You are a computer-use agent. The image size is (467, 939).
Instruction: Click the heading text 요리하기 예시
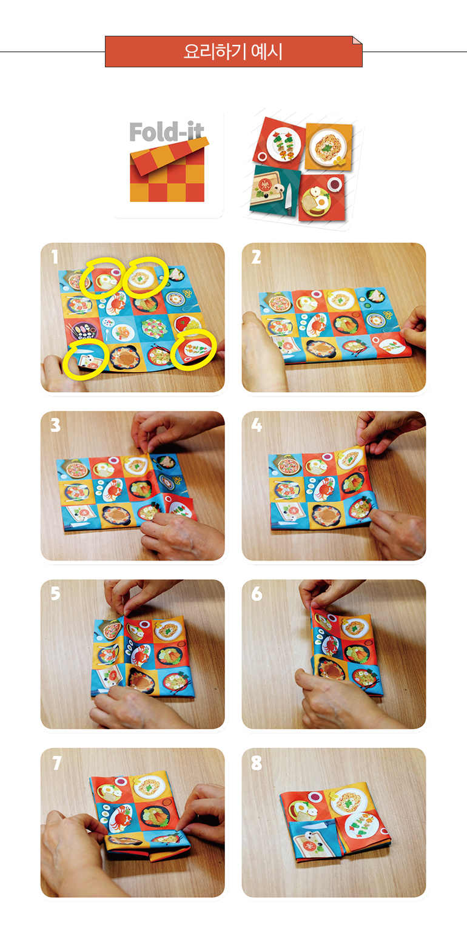tap(233, 52)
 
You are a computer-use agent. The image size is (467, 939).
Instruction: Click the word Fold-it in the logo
tap(166, 132)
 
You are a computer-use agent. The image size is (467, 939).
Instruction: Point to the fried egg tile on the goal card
tap(321, 197)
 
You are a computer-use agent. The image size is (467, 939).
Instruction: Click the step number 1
tap(55, 257)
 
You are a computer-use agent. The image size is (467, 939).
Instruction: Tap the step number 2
tap(256, 257)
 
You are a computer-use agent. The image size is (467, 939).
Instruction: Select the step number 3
tap(55, 425)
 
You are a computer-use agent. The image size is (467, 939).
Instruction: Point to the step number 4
tap(257, 425)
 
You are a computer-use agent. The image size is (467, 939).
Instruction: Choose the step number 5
tap(55, 594)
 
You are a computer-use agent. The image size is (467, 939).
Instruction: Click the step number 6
tap(257, 594)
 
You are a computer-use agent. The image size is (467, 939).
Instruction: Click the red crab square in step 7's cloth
tap(118, 818)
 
